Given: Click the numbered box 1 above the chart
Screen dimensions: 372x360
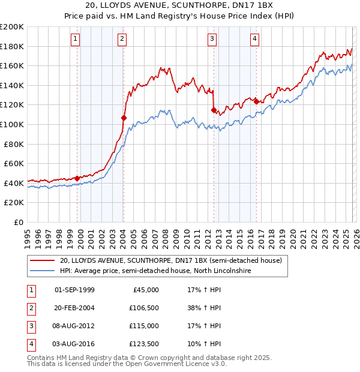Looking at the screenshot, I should tap(76, 40).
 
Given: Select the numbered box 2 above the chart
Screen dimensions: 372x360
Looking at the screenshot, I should tap(122, 40).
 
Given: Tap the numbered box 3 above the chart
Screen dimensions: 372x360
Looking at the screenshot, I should tap(212, 40).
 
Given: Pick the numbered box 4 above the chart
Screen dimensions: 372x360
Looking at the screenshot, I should tap(255, 40).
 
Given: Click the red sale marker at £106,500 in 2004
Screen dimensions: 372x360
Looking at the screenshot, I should tap(124, 118).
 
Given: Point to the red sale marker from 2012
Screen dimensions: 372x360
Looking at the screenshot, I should tap(214, 110).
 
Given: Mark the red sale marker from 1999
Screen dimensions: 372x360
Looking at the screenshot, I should tap(77, 178).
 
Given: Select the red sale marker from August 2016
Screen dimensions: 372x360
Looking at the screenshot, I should tap(256, 101).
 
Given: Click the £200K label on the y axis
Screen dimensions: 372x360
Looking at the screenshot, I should tap(12, 27).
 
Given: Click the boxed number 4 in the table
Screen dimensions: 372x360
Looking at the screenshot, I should tap(30, 344).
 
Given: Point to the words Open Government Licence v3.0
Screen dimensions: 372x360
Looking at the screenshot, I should tap(179, 364).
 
